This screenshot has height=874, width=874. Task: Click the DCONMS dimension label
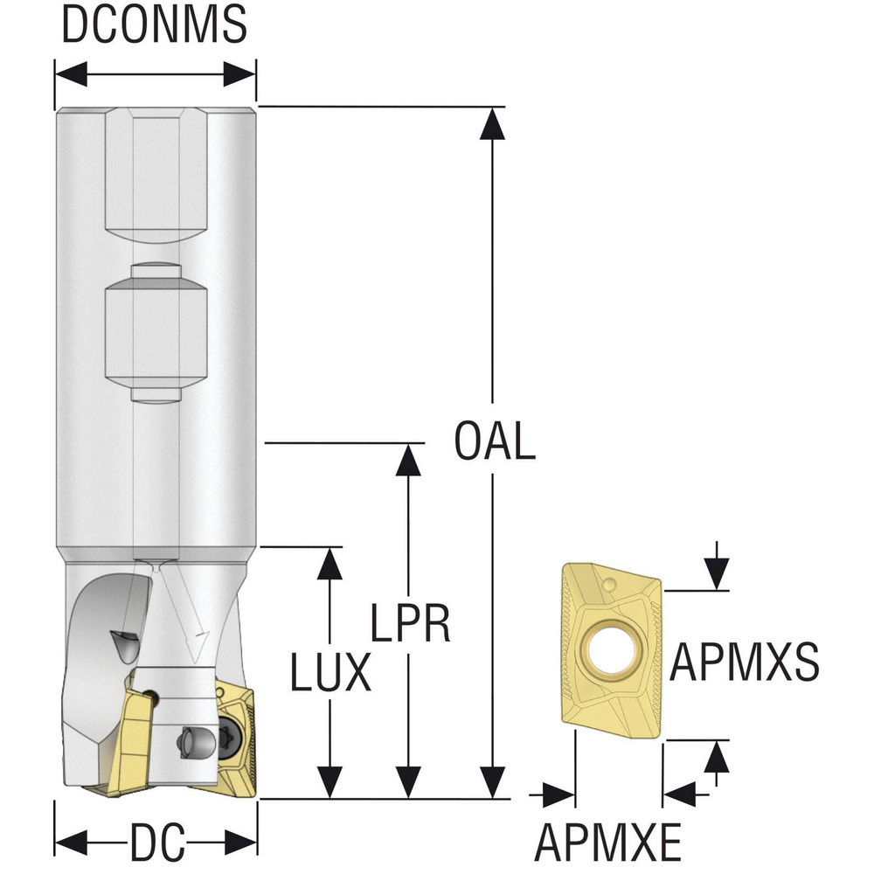point(155,24)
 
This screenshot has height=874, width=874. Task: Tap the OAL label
point(495,440)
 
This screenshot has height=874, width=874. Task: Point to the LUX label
point(330,671)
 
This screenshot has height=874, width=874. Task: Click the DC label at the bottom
point(157,842)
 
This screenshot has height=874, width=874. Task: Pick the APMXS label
point(744,661)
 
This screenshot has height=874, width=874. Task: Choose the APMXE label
point(607,842)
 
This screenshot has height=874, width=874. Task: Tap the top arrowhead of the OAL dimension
point(492,124)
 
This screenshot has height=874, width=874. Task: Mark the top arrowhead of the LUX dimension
point(329,564)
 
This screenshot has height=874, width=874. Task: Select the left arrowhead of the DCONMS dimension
point(72,73)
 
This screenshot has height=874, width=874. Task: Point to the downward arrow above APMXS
point(717,567)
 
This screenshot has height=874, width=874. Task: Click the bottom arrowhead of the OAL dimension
point(492,782)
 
